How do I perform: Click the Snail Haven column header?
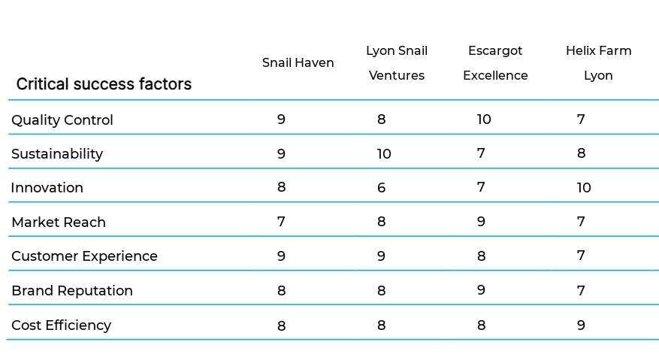(298, 62)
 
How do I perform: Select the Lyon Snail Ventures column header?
(397, 62)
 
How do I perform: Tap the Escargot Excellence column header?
(495, 62)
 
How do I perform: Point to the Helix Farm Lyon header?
(598, 62)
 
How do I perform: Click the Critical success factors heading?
(104, 84)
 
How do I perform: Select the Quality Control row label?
(62, 120)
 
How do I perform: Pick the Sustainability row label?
(57, 154)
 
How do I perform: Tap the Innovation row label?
(47, 188)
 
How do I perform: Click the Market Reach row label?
(59, 222)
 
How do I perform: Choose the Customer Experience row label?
(84, 256)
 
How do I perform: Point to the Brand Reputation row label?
(72, 291)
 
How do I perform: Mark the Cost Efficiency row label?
(62, 325)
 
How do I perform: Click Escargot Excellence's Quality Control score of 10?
(484, 119)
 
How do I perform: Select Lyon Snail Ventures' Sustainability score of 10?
(384, 154)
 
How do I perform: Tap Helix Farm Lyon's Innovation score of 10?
(584, 188)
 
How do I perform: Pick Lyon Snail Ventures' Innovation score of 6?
(381, 188)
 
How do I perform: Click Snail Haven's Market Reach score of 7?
(281, 222)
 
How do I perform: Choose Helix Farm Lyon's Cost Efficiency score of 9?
(581, 325)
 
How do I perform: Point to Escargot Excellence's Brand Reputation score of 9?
(481, 290)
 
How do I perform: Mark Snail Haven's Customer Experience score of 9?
(281, 256)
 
